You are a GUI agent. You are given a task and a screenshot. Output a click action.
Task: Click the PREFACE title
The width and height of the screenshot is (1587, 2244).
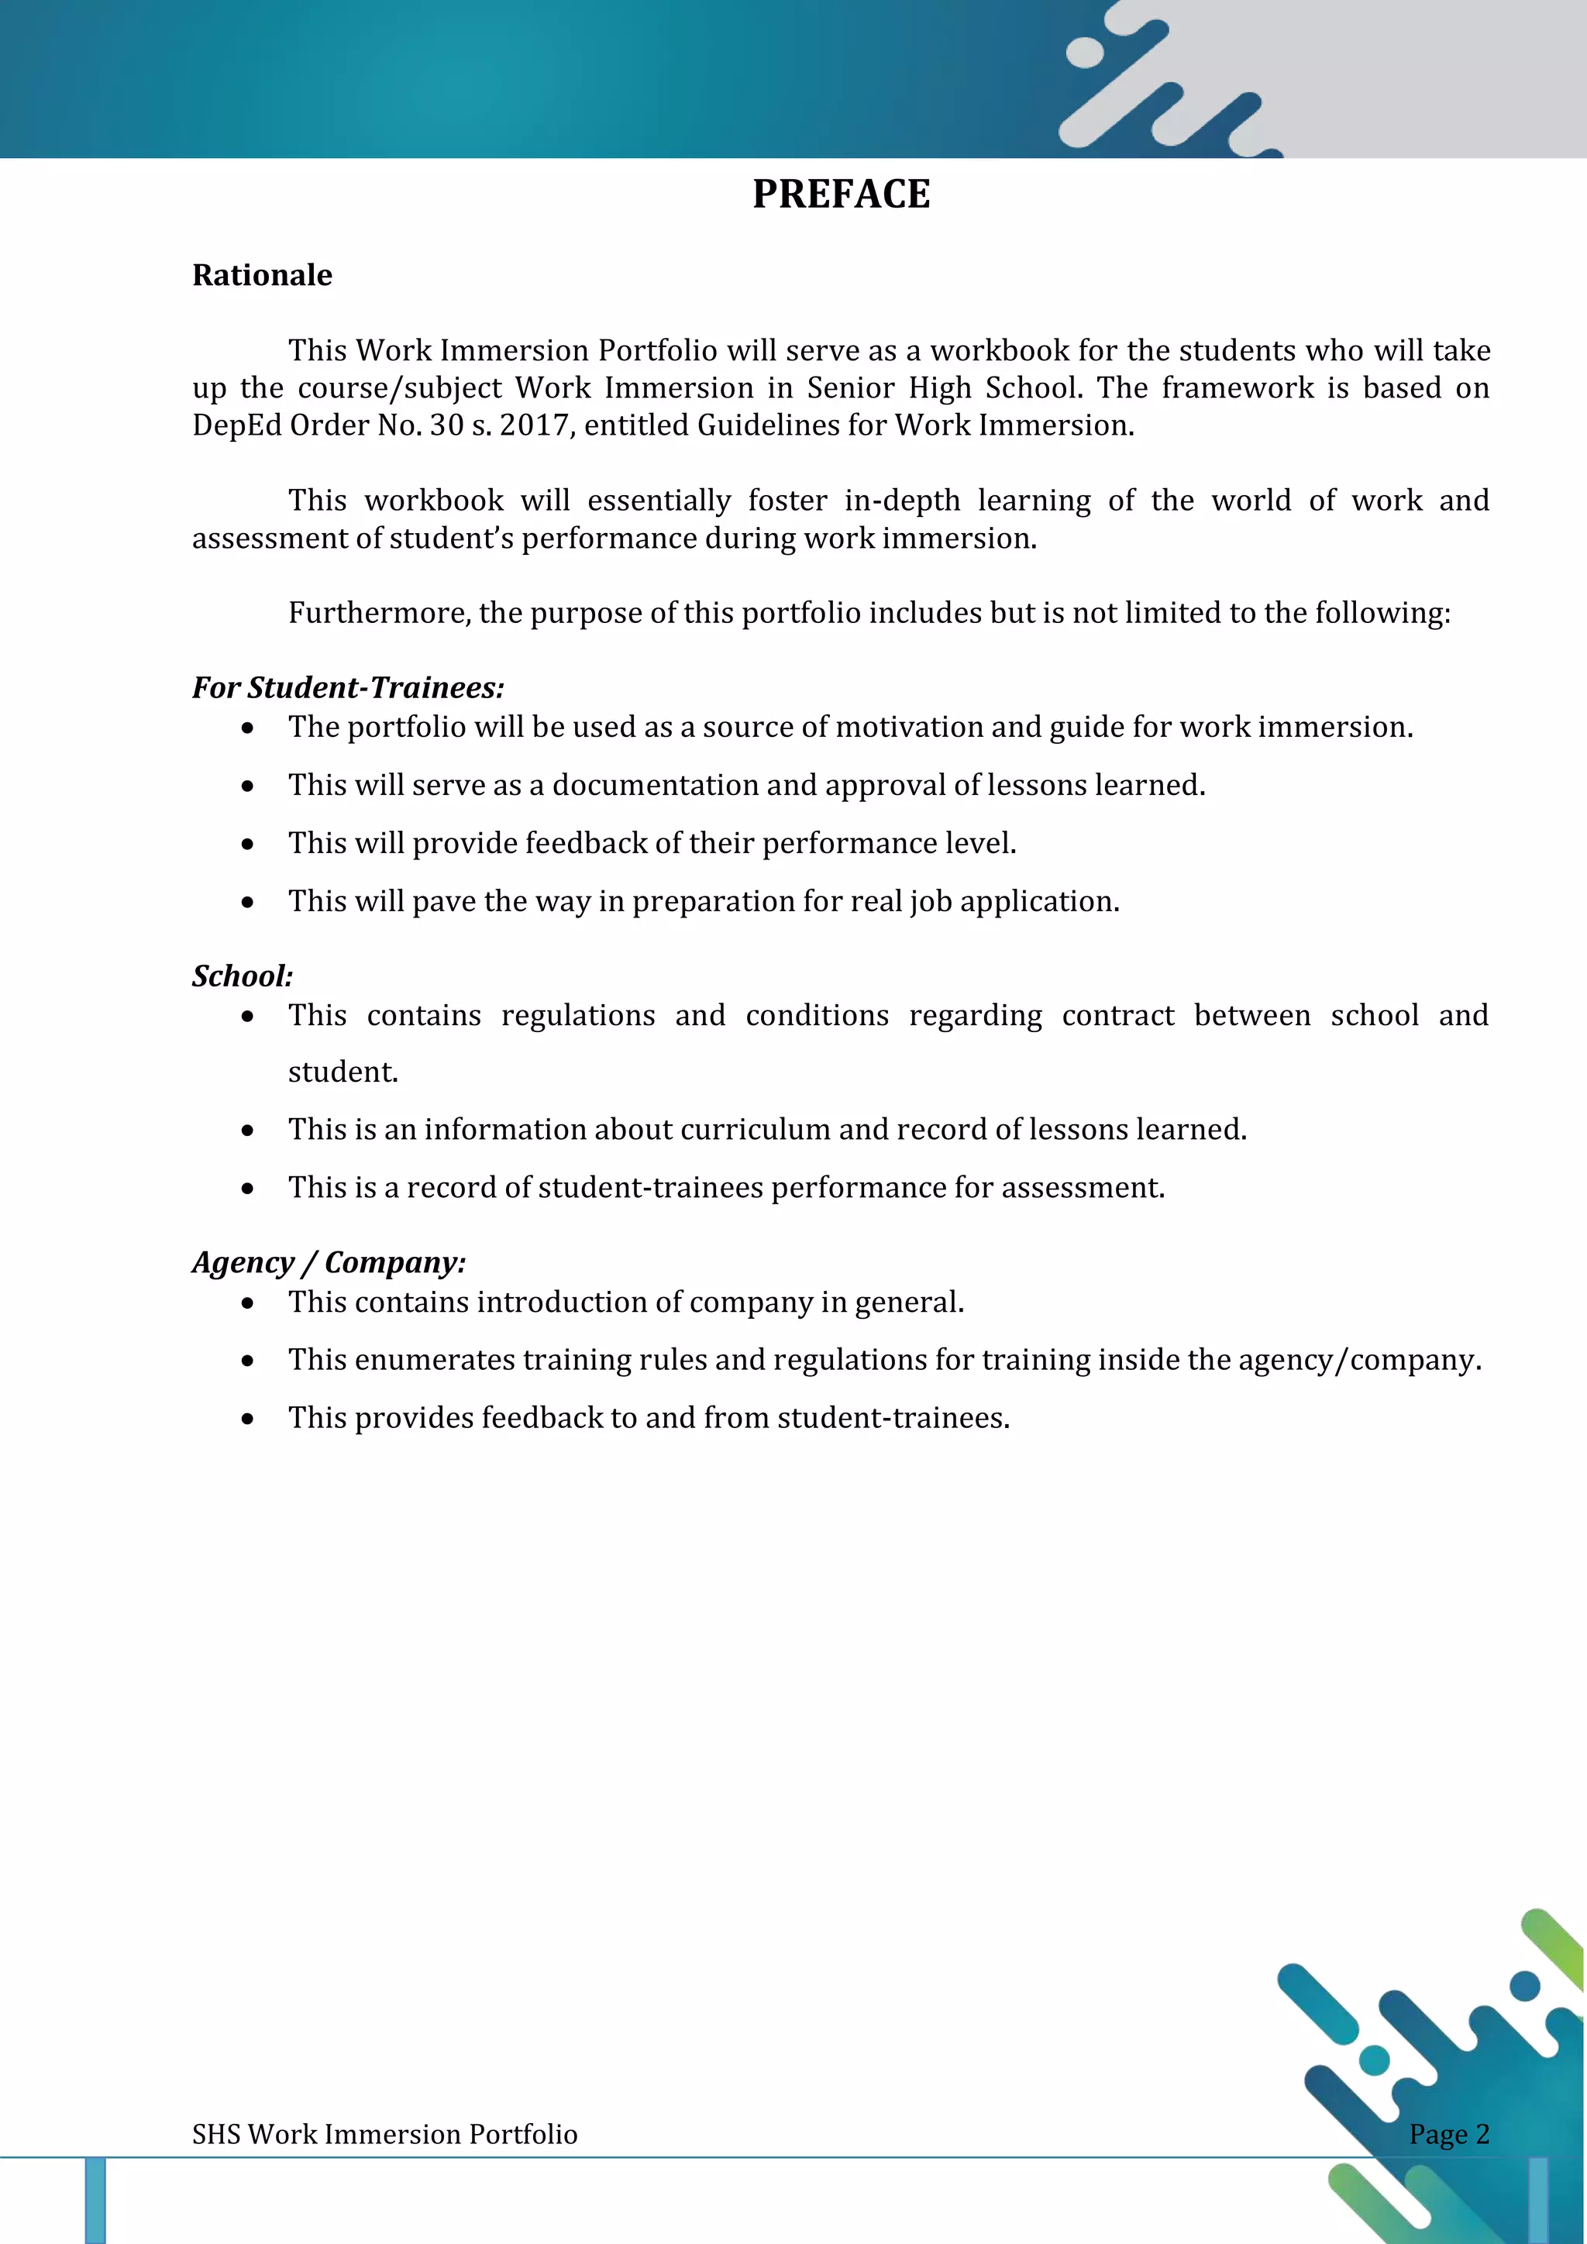coord(841,194)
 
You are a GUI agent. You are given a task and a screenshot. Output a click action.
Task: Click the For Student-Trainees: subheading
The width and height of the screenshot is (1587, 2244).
coord(348,687)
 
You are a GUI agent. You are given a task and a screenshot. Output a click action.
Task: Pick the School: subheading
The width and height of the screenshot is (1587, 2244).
coord(243,976)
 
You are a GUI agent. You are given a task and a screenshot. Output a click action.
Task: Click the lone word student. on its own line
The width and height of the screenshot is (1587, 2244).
coord(343,1072)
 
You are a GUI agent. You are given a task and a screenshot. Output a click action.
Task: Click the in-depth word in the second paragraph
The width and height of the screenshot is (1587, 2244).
coord(902,501)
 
